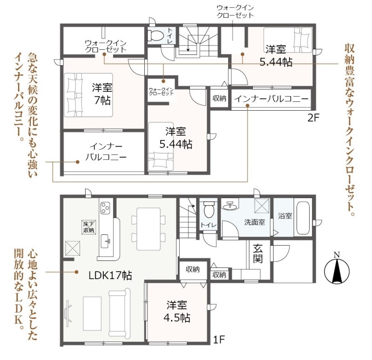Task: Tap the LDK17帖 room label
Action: coord(110,276)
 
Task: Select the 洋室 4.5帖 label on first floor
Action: coord(176,312)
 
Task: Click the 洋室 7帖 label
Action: coord(102,94)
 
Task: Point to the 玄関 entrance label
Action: coord(258,254)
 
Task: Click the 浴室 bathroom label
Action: coord(285,216)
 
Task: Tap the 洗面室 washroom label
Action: coord(255,222)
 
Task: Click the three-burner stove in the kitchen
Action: coord(105,208)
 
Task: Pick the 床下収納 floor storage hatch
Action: coord(89,227)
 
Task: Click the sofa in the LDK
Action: coord(120,313)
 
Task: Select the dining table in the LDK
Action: coord(149,229)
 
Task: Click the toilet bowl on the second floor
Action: coord(156,36)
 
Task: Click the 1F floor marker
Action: coord(219,340)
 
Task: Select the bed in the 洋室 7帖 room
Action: coord(88,95)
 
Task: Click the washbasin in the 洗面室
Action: coord(230,206)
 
